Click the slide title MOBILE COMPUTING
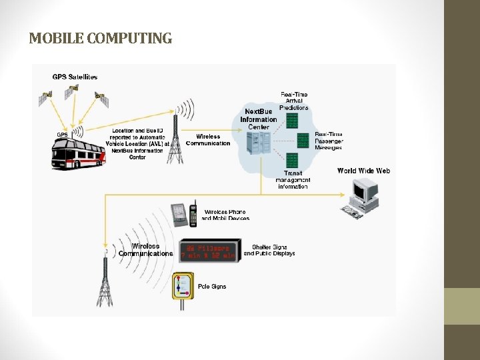(100, 39)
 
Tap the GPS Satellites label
(75, 77)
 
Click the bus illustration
(78, 151)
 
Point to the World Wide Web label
(363, 171)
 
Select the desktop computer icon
(364, 199)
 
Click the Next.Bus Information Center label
(258, 119)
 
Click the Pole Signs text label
(212, 287)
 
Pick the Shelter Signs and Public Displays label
(269, 250)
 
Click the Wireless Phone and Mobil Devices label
(226, 215)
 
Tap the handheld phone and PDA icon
(184, 214)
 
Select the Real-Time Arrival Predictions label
(294, 101)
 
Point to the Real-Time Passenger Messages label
(329, 141)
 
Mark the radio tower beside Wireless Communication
(175, 137)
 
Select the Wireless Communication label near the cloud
(208, 140)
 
